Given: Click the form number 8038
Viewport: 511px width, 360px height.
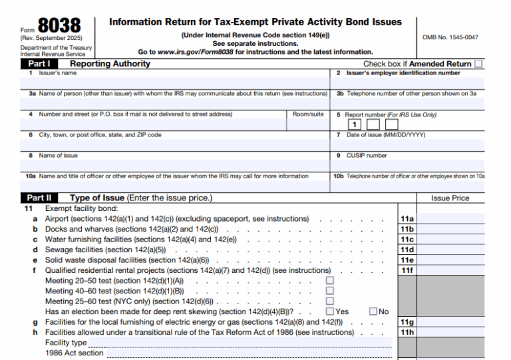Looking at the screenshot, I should (59, 25).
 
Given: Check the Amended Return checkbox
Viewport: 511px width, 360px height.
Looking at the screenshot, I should (478, 64).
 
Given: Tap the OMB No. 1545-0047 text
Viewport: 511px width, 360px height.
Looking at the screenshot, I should (450, 37).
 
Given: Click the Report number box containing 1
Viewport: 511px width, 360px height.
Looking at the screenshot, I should (355, 124).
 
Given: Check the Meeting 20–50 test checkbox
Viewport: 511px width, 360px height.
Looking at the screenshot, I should (329, 281).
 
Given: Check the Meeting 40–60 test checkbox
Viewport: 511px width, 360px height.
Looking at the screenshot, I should (329, 291).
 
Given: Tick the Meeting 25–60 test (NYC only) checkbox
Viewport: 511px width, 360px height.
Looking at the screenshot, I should (329, 301).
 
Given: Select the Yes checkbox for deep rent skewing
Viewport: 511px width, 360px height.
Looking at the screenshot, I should (329, 311).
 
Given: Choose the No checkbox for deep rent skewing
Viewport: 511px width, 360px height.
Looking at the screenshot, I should (373, 311).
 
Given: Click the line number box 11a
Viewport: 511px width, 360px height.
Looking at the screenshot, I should (407, 219).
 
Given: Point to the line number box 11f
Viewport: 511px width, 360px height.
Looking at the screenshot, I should (407, 271).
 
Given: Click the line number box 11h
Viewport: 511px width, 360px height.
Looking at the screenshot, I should (407, 332).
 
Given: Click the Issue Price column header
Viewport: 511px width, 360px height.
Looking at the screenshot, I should (450, 198).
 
